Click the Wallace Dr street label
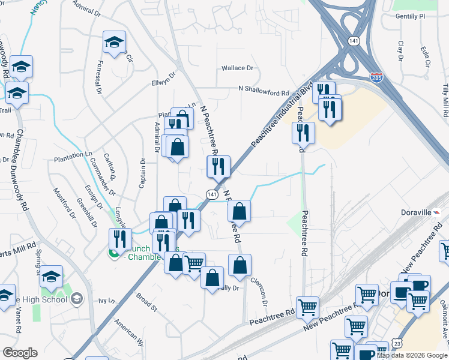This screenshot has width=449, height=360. [x=238, y=68]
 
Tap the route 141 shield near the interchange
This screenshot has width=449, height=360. [x=354, y=41]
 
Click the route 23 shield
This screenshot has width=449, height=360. [x=399, y=343]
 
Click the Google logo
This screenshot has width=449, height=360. [x=20, y=353]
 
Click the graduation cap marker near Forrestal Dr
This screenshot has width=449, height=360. [x=114, y=43]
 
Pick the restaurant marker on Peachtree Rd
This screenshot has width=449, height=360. [x=303, y=133]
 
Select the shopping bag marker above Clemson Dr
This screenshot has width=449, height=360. [x=240, y=266]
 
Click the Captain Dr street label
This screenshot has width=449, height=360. [x=143, y=173]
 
